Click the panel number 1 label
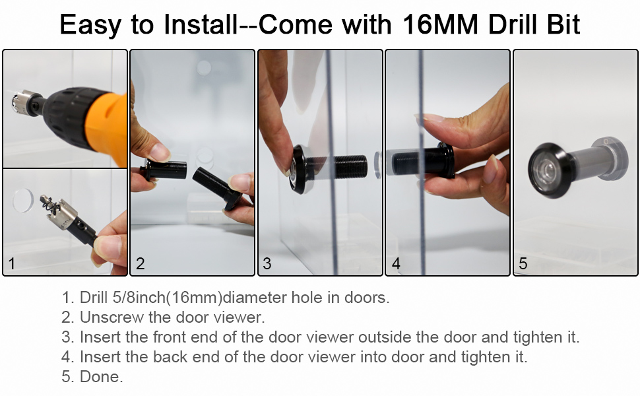(11, 264)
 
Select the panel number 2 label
(140, 264)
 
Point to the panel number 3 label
(267, 264)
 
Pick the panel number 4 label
(396, 264)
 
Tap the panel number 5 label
(523, 264)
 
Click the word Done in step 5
(101, 378)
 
